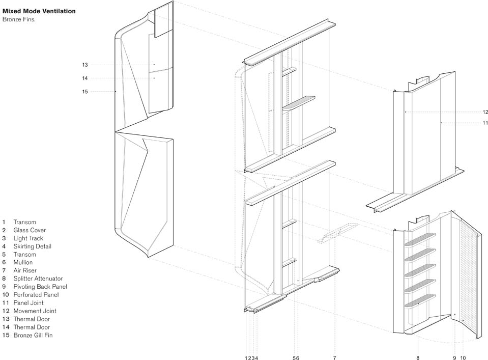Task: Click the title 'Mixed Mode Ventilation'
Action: tap(39, 11)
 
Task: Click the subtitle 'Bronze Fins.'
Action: tap(19, 19)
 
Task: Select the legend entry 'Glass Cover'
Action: tap(29, 230)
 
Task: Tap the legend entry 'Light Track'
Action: tap(28, 238)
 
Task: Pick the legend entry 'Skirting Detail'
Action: tap(32, 246)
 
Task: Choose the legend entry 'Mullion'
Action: tap(23, 262)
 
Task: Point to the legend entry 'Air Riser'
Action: tap(25, 270)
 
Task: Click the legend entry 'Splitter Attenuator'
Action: tap(38, 279)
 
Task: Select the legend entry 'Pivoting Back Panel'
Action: tap(40, 287)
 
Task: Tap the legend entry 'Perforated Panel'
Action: tap(36, 295)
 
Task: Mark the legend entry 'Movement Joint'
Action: tap(35, 311)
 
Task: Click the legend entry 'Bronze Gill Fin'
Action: tap(33, 335)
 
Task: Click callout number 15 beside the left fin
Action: tap(85, 92)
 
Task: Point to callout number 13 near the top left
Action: tap(85, 65)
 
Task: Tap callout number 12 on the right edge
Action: tap(485, 112)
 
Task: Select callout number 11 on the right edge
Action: tap(485, 123)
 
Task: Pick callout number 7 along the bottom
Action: tap(334, 358)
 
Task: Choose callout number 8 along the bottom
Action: tap(418, 358)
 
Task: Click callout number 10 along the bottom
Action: tap(463, 358)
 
